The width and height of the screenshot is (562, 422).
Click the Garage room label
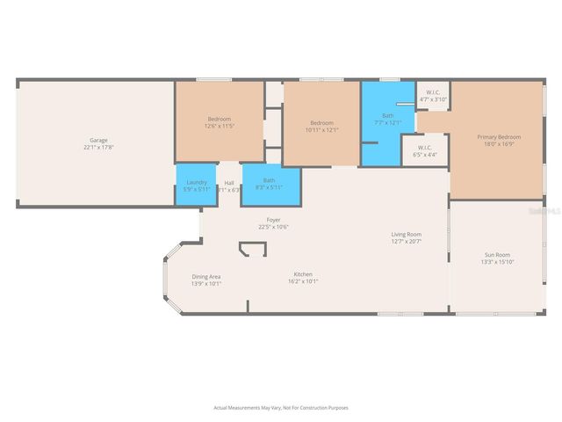click(97, 140)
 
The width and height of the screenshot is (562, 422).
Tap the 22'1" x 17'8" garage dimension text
click(97, 147)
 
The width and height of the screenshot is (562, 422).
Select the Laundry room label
click(197, 182)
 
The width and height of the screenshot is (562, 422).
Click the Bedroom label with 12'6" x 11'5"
click(220, 119)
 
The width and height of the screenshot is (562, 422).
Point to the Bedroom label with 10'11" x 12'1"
click(321, 122)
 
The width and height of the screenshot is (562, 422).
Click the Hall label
click(228, 183)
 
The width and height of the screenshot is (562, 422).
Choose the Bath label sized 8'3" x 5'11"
click(269, 180)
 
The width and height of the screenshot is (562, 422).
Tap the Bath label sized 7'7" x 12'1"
click(387, 115)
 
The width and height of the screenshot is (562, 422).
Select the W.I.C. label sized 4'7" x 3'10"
click(433, 92)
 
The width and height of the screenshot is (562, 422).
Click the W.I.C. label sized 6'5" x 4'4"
click(424, 147)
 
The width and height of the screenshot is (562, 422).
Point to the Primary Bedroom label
click(499, 137)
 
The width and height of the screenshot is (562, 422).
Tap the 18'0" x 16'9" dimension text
click(499, 144)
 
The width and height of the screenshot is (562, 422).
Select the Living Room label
click(407, 234)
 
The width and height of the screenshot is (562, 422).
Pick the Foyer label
click(274, 220)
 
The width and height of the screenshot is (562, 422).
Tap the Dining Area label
click(206, 276)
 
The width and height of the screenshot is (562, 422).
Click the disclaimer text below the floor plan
click(281, 407)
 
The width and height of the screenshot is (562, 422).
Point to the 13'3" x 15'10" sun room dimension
click(496, 261)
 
